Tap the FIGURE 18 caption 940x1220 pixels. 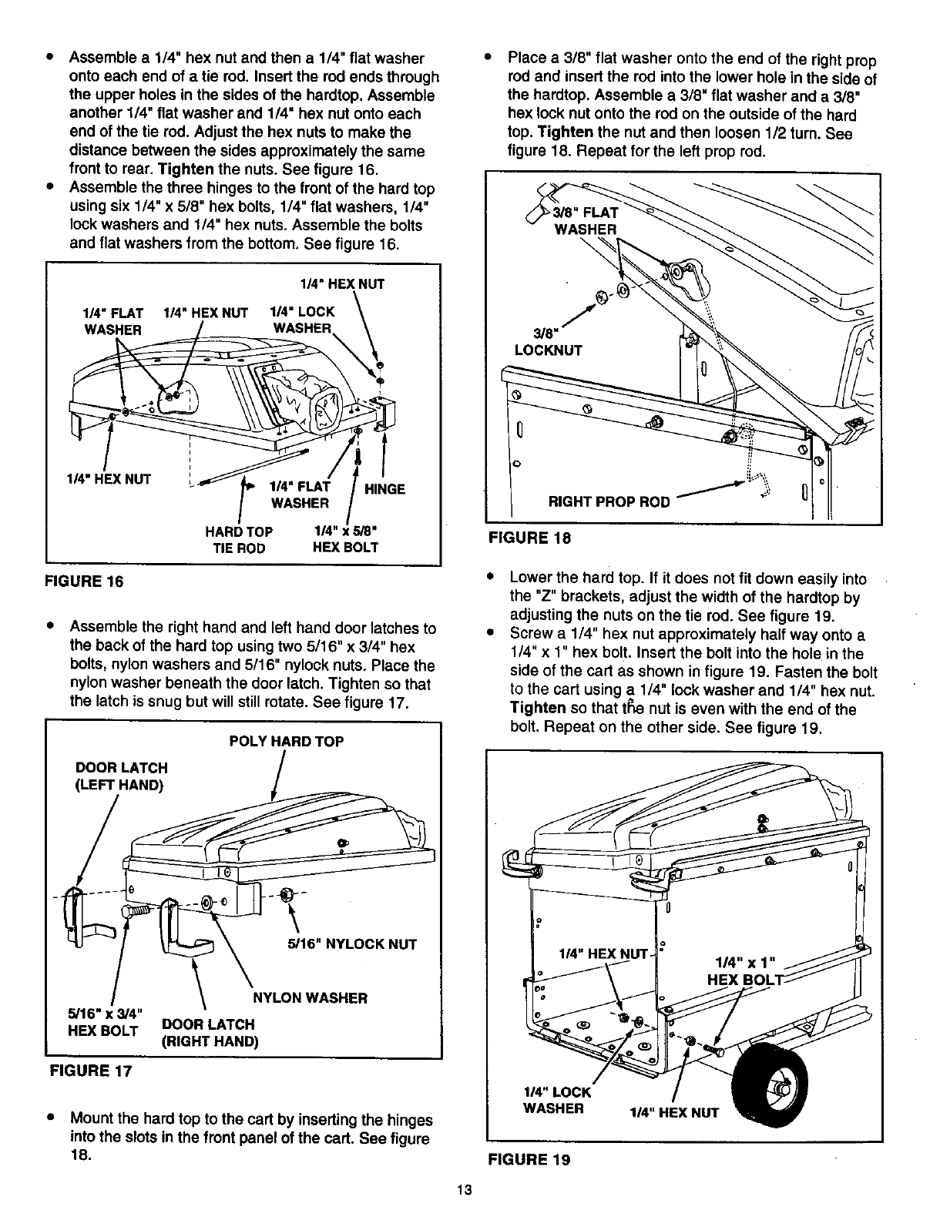click(531, 539)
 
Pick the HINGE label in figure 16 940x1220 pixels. click(384, 489)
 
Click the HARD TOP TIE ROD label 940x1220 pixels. click(238, 540)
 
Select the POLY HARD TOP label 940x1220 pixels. click(287, 741)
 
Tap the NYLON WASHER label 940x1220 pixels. click(311, 998)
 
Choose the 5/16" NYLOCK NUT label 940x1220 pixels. click(351, 944)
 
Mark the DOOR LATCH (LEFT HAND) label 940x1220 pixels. click(121, 776)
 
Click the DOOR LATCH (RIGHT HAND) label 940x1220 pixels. click(208, 1033)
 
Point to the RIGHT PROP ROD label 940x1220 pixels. click(609, 502)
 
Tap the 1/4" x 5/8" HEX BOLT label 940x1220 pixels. click(344, 540)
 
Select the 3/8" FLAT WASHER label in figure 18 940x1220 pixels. click(586, 221)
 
